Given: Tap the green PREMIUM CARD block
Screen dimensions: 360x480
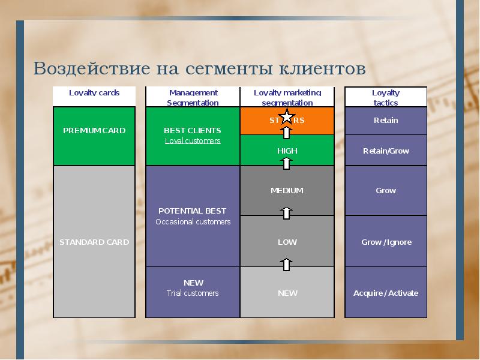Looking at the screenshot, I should [94, 136].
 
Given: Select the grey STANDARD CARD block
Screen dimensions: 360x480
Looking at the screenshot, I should [94, 242].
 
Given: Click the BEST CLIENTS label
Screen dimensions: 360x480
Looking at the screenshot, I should [193, 130].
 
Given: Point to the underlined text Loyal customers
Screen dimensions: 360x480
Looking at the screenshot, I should [193, 141].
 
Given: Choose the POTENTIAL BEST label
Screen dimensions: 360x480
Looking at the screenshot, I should [193, 211].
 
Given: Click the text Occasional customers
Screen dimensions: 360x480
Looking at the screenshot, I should [193, 222].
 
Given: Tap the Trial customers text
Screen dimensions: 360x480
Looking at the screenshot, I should [193, 293].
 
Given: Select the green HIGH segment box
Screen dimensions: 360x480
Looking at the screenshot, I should [287, 151].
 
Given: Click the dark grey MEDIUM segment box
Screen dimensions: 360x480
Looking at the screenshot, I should [287, 191].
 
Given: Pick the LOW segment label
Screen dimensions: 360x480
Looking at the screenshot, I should [287, 242].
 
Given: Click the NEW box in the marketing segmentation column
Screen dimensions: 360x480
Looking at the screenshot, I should [287, 293].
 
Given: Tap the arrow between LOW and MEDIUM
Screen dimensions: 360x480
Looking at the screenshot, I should [287, 212].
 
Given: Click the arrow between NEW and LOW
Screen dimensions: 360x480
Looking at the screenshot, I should [287, 263].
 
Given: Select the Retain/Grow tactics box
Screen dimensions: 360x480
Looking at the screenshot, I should [386, 151].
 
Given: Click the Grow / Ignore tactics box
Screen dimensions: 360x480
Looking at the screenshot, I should [386, 242].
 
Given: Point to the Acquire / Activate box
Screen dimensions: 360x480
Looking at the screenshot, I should [386, 293].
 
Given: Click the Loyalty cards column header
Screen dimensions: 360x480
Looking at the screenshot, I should [94, 93].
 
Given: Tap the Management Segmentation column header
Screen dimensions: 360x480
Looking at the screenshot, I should [193, 97].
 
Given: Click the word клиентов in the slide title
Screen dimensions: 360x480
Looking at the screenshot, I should [322, 68].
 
